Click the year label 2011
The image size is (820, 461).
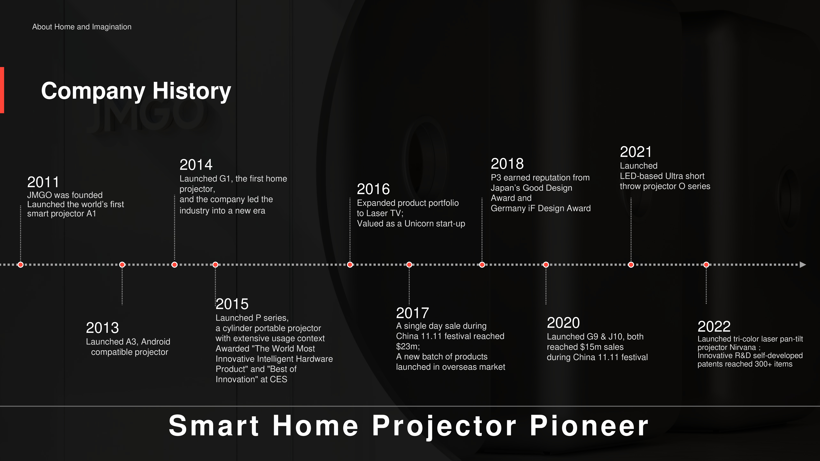click(x=43, y=182)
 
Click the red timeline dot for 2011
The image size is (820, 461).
click(x=21, y=265)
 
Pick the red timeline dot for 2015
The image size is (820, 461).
click(x=216, y=265)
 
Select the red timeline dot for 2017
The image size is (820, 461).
click(x=409, y=265)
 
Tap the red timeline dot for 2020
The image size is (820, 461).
click(x=546, y=265)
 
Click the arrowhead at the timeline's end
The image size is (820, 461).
click(x=803, y=265)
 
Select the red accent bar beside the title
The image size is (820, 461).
click(x=2, y=90)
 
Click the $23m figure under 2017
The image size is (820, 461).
click(x=408, y=347)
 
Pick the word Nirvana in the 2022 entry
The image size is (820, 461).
click(x=742, y=347)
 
